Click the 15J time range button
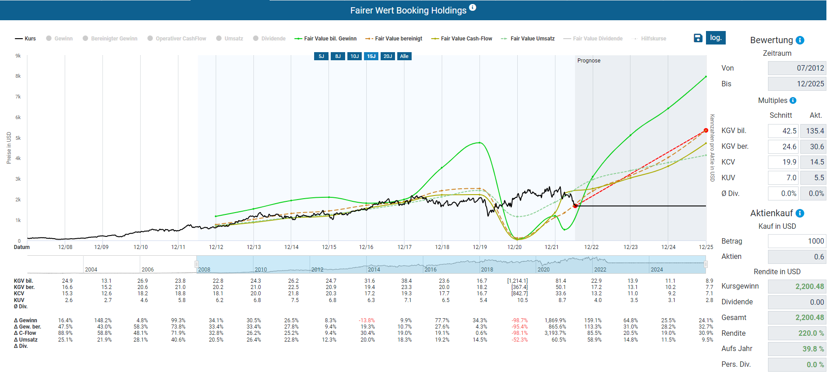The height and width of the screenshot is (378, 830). tap(371, 56)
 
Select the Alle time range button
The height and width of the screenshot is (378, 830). tap(404, 56)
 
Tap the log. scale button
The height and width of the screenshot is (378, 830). tap(715, 38)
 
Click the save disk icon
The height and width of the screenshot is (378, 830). tap(698, 38)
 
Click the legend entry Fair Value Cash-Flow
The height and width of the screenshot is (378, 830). tap(462, 39)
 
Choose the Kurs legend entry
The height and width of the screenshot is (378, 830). tap(26, 39)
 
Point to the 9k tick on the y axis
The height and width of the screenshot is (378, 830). tap(18, 56)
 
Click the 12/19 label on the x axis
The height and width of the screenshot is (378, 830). tap(479, 247)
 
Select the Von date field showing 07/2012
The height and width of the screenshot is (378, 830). tap(797, 68)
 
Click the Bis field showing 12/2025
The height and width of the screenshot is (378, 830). tap(797, 84)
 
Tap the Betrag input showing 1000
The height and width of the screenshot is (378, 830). tap(797, 241)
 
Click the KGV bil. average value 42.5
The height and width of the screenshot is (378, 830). tap(783, 131)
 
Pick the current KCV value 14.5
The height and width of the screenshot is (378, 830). tap(813, 162)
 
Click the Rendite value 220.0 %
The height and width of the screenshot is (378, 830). tap(797, 333)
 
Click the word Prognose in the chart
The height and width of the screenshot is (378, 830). tap(589, 61)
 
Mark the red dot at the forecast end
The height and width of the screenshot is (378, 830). tap(706, 130)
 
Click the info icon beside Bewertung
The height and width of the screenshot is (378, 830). tap(800, 40)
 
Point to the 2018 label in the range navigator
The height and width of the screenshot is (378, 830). tap(487, 270)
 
